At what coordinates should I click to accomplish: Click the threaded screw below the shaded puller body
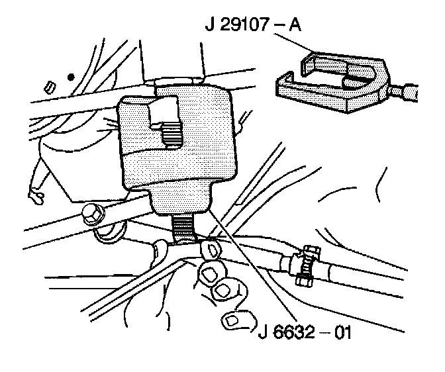coord(185,228)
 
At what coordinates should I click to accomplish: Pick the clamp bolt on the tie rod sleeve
coord(306,264)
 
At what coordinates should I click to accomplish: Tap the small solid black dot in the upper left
coord(70,77)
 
